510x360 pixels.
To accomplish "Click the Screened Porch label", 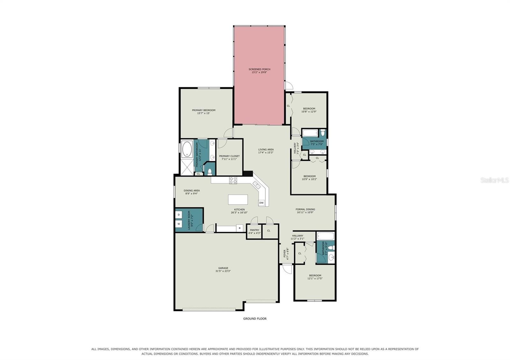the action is pos(259,71).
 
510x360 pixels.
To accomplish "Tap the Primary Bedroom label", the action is pos(204,112).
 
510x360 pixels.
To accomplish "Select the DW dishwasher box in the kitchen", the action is pos(261,203).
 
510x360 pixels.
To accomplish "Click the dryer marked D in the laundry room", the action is pos(179,215).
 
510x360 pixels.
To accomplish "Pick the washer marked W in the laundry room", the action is pos(179,224).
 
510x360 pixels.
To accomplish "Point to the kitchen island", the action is pos(238,199).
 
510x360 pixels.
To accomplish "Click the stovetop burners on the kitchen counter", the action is pos(233,180).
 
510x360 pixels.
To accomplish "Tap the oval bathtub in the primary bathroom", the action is pos(187,149).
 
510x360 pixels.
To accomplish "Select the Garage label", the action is pos(223,270).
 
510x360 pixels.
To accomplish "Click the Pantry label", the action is pos(255,232).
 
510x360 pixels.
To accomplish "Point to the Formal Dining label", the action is pos(305,211).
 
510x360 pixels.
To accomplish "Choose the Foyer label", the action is pos(286,254).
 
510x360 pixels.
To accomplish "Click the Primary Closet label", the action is pos(229,158).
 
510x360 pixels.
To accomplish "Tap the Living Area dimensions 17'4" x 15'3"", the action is pos(266,153).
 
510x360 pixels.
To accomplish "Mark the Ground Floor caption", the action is pos(255,319).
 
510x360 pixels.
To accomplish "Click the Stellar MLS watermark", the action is pos(494,180).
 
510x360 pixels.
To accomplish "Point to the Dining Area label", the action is pos(192,192).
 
